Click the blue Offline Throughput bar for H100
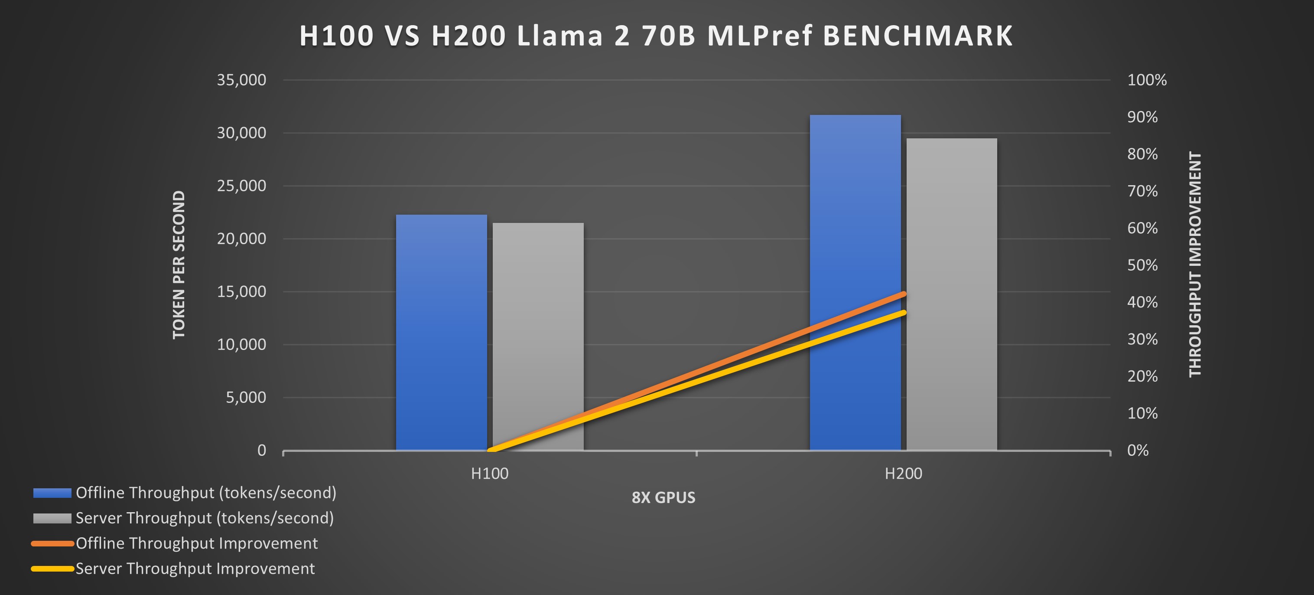[x=441, y=332]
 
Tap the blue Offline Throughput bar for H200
[x=855, y=230]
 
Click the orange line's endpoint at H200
[x=903, y=294]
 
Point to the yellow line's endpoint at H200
[x=903, y=312]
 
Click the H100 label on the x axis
[x=490, y=474]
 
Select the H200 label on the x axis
[x=903, y=474]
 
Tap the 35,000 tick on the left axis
[x=241, y=80]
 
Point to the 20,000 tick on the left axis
[x=241, y=239]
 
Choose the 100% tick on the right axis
[x=1147, y=80]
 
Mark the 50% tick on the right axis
[x=1142, y=265]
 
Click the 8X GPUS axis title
[x=663, y=497]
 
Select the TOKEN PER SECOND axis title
[x=179, y=265]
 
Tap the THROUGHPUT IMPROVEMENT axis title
[x=1195, y=265]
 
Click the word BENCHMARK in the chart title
[x=917, y=36]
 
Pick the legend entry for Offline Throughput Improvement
[x=196, y=543]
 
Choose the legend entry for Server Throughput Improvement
[x=195, y=569]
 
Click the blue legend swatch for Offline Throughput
[x=52, y=493]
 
